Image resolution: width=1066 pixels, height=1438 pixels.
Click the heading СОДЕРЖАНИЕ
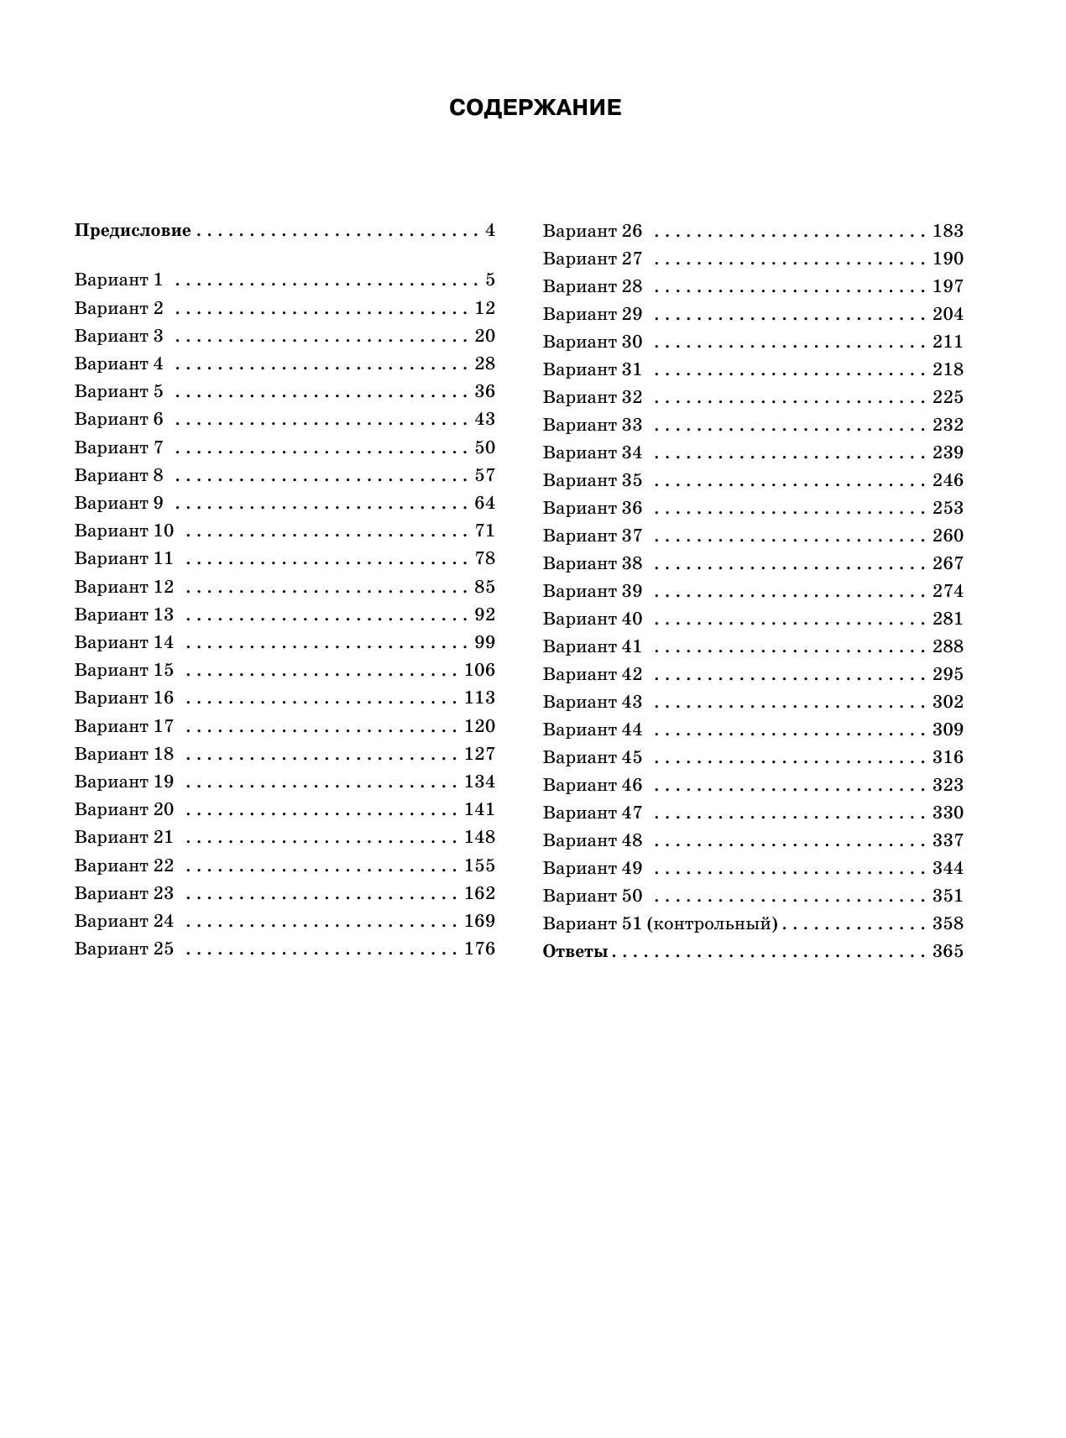click(x=535, y=108)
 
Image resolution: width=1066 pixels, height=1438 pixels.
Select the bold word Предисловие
click(x=133, y=231)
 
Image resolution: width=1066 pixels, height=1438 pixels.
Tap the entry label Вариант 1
click(x=118, y=280)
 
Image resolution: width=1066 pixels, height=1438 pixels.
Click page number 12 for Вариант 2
click(x=485, y=308)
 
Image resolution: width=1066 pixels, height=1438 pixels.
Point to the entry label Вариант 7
click(x=118, y=447)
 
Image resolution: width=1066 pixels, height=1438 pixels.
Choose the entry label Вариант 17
click(x=123, y=727)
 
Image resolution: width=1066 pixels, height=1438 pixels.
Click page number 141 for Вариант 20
click(x=479, y=810)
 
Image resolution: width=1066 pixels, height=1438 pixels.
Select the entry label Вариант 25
click(x=123, y=949)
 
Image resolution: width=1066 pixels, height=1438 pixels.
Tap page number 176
click(x=479, y=949)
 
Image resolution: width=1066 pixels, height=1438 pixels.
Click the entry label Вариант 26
click(x=592, y=231)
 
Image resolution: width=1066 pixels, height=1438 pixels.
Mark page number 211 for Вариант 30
click(x=948, y=343)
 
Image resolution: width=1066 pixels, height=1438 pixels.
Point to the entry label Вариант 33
click(x=592, y=426)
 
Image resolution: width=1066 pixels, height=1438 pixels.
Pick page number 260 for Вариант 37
click(x=948, y=536)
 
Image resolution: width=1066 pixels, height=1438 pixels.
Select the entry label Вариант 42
click(x=592, y=675)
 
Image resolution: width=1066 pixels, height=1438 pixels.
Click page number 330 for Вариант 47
click(x=948, y=813)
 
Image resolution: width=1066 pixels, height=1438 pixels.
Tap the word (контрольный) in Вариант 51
click(x=713, y=924)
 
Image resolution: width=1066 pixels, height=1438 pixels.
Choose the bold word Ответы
click(x=575, y=952)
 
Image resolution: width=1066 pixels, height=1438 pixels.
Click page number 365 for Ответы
click(x=948, y=952)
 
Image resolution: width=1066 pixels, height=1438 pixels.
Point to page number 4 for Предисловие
click(x=490, y=231)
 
